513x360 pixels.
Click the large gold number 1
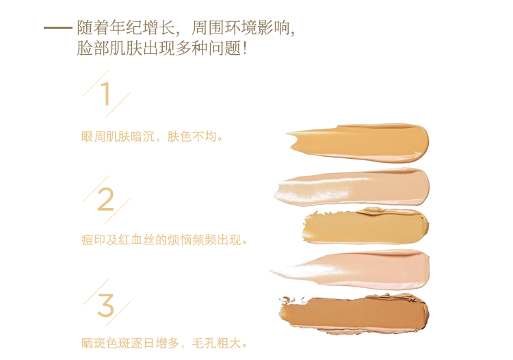105,94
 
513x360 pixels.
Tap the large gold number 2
105,199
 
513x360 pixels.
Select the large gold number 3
105,305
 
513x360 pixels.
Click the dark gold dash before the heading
58,28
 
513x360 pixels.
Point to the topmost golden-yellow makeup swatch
358,142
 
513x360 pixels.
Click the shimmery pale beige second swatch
352,188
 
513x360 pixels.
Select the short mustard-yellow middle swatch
365,226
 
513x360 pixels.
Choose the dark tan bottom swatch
354,313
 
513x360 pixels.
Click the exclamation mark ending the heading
244,48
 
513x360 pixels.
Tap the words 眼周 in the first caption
93,136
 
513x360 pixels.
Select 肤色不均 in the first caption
192,136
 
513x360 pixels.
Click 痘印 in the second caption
93,240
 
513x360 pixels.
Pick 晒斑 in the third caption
93,344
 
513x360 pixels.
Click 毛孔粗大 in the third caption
216,344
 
